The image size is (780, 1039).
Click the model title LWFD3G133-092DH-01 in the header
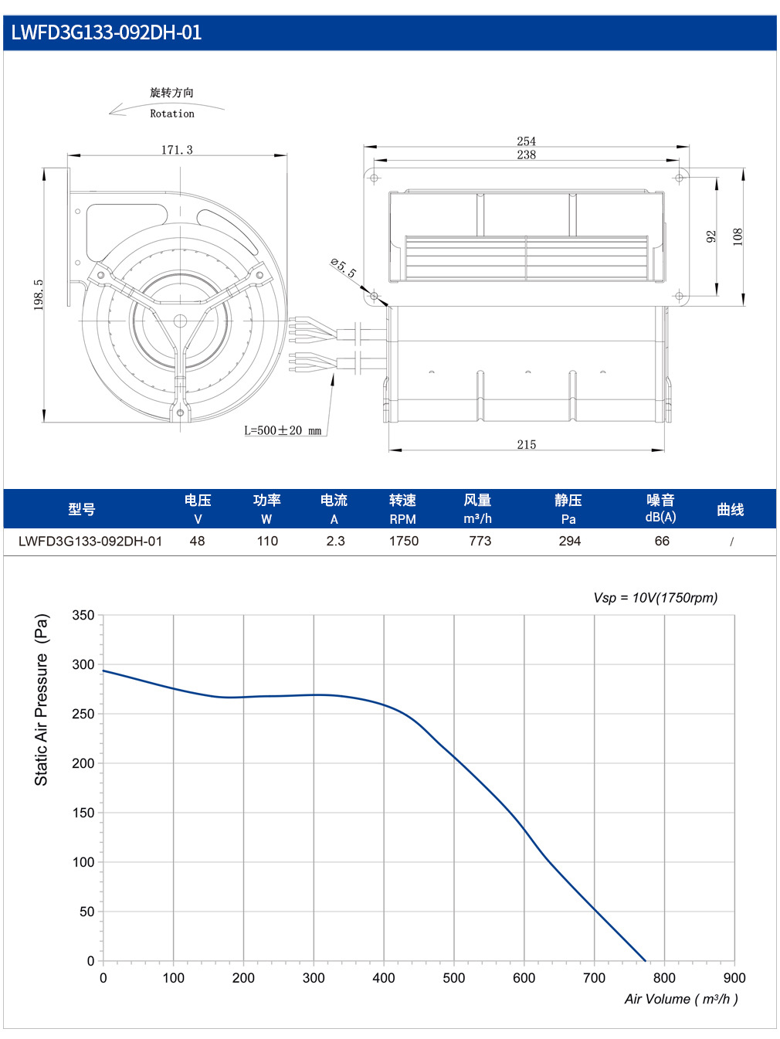[107, 32]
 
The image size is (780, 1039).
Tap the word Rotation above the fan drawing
[172, 114]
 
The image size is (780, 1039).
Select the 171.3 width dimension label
[177, 150]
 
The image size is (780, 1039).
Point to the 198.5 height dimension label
[39, 294]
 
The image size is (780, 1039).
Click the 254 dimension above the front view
[526, 141]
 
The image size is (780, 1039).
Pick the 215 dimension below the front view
[526, 444]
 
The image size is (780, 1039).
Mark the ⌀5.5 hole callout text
[344, 268]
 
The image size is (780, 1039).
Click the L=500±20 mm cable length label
[283, 430]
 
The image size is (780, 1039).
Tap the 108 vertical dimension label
[738, 236]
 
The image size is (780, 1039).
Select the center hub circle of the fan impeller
[180, 321]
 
